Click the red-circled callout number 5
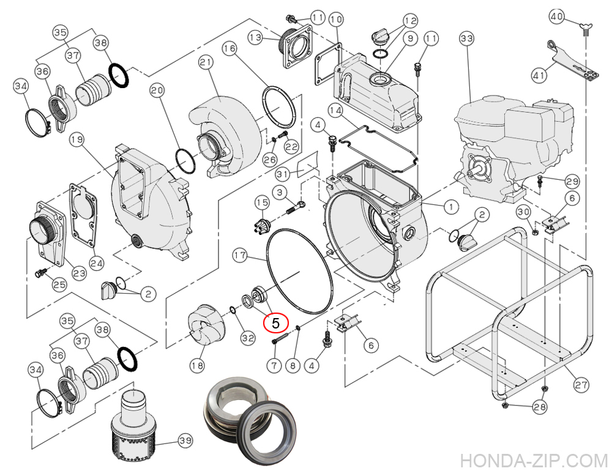(275, 322)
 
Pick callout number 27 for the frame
(581, 385)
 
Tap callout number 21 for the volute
(205, 62)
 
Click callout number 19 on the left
(76, 140)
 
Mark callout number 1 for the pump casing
(450, 207)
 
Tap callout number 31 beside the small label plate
(282, 174)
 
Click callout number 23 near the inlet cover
(79, 273)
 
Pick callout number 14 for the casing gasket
(335, 110)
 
